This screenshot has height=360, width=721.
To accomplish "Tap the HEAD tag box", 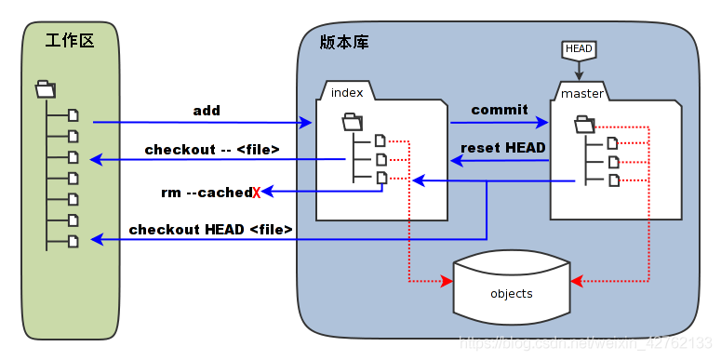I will coord(579,48).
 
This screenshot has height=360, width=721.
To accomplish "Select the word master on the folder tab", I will coord(581,93).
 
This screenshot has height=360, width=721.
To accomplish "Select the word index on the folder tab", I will coord(346,92).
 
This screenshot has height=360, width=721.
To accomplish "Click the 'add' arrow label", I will coord(207,111).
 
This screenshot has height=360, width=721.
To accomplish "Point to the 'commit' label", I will coord(500,110).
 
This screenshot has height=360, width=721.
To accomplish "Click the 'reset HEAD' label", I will coord(503,147).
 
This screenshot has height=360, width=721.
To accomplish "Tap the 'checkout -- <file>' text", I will coord(212,149).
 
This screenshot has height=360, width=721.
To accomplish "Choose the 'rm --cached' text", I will coord(206,193).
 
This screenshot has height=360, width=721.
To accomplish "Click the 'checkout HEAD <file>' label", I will coord(211,229).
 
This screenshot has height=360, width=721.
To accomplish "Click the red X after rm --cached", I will coord(256,193).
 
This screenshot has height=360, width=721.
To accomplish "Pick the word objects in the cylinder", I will coord(512,294).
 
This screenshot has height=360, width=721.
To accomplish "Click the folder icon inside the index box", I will coord(353,121).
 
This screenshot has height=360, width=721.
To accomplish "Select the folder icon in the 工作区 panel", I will coord(45,90).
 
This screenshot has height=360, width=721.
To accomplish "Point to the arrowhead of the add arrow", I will coord(307,123).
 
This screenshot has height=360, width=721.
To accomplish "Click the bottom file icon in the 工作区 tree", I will coord(73,241).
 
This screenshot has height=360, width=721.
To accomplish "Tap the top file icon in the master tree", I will coord(612,142).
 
